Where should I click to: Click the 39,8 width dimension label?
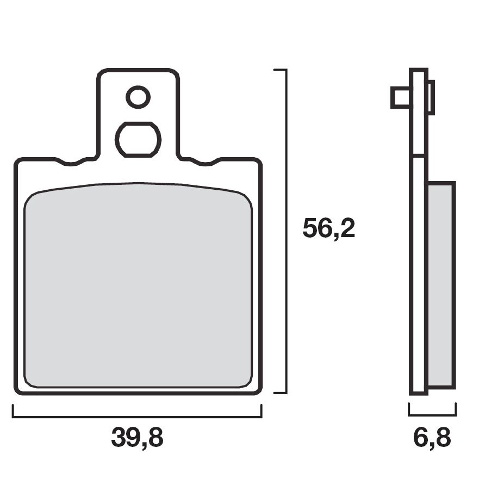(137, 438)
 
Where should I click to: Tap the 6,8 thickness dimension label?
(432, 438)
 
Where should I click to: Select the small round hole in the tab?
(138, 97)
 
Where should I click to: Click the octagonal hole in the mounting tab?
(138, 140)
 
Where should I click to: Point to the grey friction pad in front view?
(138, 285)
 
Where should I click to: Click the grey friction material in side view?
(440, 285)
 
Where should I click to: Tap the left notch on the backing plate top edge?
(71, 163)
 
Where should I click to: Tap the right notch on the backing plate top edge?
(206, 163)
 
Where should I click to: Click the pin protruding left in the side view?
(400, 97)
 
